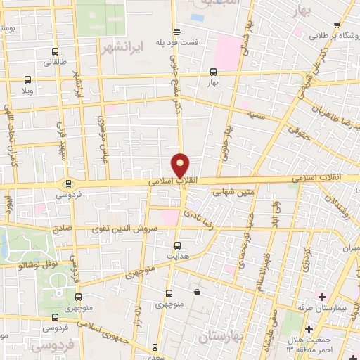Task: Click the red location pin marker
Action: (x=181, y=165)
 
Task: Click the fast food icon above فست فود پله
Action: (x=176, y=32)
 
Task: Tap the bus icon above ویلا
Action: (x=27, y=80)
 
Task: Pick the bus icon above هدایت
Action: (x=176, y=245)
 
